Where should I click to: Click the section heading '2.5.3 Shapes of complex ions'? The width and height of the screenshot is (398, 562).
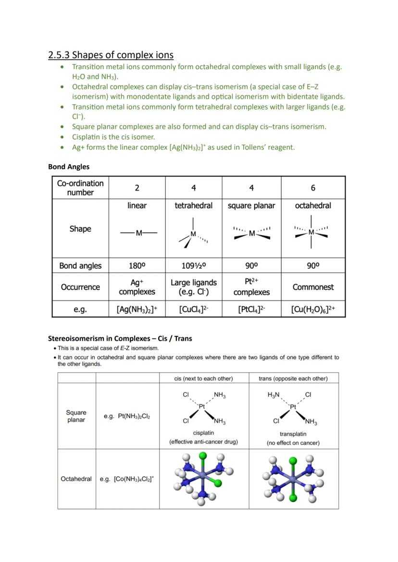pos(111,55)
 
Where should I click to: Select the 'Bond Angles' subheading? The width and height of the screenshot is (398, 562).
pos(69,167)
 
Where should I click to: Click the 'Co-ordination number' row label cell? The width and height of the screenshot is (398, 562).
pos(80,188)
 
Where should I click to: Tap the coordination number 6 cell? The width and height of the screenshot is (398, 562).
pos(313,188)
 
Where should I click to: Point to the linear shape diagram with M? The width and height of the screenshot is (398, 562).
pos(138,233)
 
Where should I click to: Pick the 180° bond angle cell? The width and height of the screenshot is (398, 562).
pos(137,265)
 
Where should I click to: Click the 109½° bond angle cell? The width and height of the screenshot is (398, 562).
pos(193,265)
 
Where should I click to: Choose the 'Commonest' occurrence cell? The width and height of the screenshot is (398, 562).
pos(313,287)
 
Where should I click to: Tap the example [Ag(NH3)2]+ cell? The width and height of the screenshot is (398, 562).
pos(137,310)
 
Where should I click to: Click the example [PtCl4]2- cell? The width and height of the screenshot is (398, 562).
pos(251,310)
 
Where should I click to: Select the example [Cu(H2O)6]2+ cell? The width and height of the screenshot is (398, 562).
pos(313,310)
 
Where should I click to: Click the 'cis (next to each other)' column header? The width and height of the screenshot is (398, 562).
pos(203,378)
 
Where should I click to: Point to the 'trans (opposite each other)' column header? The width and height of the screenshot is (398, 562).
pos(293,378)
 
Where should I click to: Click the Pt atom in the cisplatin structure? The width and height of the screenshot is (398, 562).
pos(202,406)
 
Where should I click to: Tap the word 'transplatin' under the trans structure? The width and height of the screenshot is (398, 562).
pos(293,434)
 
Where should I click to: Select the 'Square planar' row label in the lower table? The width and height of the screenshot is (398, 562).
pos(76,416)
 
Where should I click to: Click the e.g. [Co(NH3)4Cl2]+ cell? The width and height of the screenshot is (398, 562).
pos(127,479)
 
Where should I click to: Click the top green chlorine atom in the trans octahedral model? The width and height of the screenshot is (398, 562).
pos(293,461)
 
